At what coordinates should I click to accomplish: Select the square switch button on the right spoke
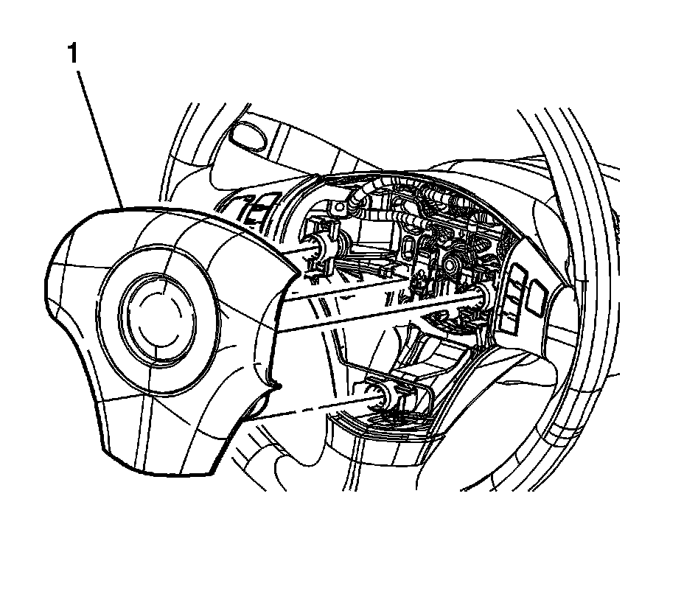click(x=537, y=297)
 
